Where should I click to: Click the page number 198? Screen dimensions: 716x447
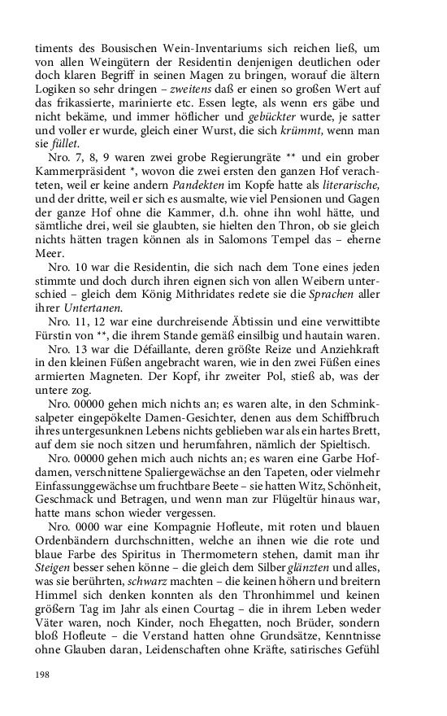click(x=42, y=675)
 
